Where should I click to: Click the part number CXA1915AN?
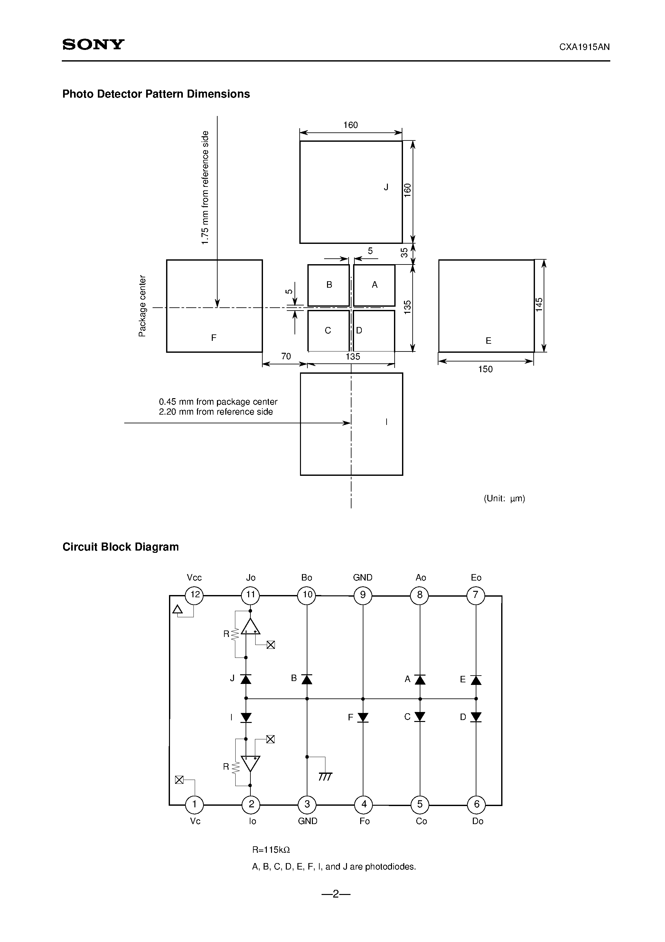(x=584, y=47)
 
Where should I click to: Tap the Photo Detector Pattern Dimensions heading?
(x=156, y=94)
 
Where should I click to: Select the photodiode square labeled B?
(x=328, y=285)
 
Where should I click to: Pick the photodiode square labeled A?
(x=374, y=285)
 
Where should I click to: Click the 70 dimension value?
(x=286, y=356)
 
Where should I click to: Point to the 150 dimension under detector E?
(x=485, y=369)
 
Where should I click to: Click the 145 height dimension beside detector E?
(x=539, y=305)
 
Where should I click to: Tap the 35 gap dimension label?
(x=405, y=253)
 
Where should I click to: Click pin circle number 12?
(x=194, y=595)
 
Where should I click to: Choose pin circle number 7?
(x=476, y=595)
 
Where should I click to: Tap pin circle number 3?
(x=307, y=804)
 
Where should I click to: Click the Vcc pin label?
(x=194, y=578)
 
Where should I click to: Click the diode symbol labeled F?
(x=363, y=717)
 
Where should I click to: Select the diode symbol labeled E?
(x=476, y=680)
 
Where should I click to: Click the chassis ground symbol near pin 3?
(x=325, y=777)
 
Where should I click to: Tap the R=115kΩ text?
(x=271, y=849)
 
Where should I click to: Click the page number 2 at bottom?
(x=335, y=894)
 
